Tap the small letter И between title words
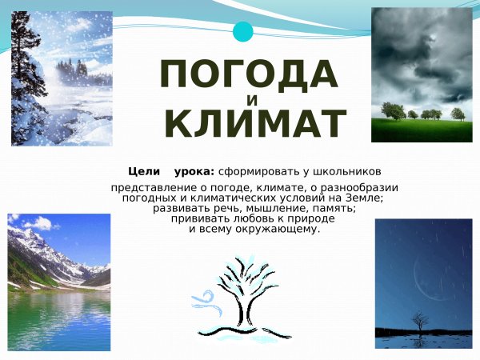tap(253, 101)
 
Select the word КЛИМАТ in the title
tap(254, 125)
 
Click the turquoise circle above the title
tap(242, 32)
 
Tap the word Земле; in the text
tap(363, 198)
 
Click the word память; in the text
tap(329, 208)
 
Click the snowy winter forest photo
tap(62, 78)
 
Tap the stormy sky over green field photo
tap(422, 74)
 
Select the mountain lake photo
tap(59, 282)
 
